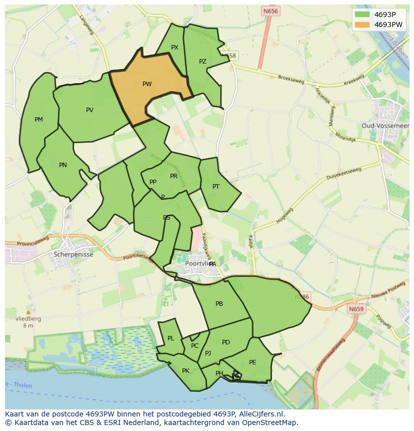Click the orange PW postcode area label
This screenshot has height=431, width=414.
coord(147,84)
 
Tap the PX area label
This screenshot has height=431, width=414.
coord(174,48)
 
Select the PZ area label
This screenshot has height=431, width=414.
coord(202,62)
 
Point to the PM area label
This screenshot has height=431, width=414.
coord(38,119)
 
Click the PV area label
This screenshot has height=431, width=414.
coord(89,110)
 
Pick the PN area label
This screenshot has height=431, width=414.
coord(63,165)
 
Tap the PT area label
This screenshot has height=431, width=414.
coord(216,186)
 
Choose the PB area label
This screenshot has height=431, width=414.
coord(219,303)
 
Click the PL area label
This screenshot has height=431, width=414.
coord(171,338)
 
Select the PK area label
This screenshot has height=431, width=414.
coord(185,370)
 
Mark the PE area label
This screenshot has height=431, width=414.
coord(252,362)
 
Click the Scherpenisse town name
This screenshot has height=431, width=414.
coord(73,254)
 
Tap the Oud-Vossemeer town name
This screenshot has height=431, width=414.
coord(385,125)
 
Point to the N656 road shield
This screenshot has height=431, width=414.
coord(270,11)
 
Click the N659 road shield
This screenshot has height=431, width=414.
coord(356,309)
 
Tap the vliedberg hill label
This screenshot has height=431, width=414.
coord(28,318)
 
